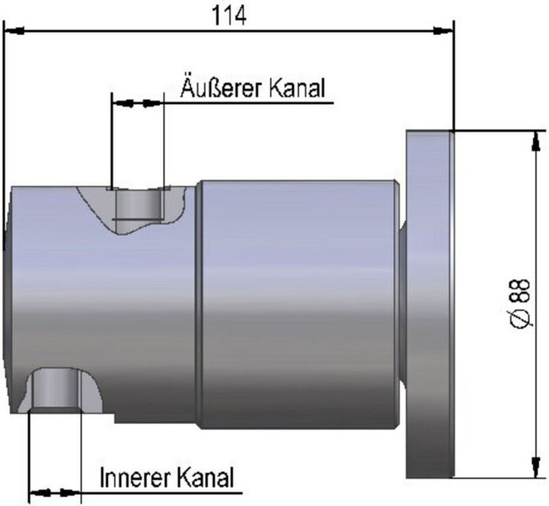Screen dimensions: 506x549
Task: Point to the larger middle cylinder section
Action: [x=299, y=303]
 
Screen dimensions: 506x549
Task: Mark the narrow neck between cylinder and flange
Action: [x=402, y=303]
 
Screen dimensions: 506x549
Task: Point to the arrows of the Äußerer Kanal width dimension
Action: [x=138, y=103]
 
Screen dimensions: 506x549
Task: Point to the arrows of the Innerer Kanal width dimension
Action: [x=55, y=492]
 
